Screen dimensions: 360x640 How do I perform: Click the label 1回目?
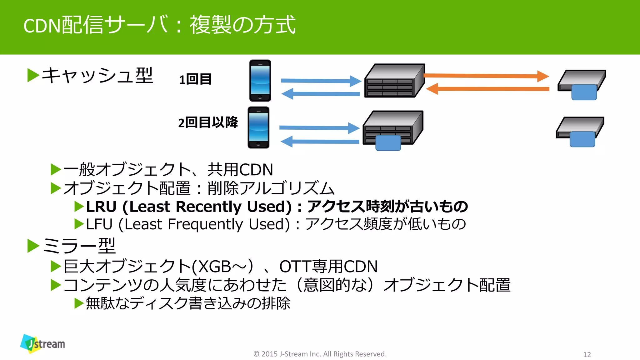tap(195, 79)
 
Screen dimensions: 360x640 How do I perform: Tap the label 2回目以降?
tap(208, 122)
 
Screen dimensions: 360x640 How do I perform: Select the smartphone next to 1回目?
tap(260, 81)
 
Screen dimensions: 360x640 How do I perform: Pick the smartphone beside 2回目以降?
tap(258, 127)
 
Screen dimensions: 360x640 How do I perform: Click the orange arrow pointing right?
tap(486, 76)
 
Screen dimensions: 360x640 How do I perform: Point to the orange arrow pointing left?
tap(487, 89)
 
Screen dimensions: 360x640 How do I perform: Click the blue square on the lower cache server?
tap(388, 143)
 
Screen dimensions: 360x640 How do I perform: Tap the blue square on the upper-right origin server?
tap(584, 92)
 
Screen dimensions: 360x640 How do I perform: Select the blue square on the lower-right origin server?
tap(582, 139)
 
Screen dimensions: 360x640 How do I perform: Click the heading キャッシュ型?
tap(97, 76)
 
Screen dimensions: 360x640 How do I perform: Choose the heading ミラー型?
tap(79, 246)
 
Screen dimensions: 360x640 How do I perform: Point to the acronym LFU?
tap(99, 224)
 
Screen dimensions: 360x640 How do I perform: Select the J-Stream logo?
tap(42, 344)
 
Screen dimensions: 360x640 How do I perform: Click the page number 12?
tap(587, 355)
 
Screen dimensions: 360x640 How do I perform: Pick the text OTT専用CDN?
tap(328, 267)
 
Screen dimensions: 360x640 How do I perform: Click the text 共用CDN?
tap(240, 170)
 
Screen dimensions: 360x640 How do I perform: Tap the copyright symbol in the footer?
tap(256, 354)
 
